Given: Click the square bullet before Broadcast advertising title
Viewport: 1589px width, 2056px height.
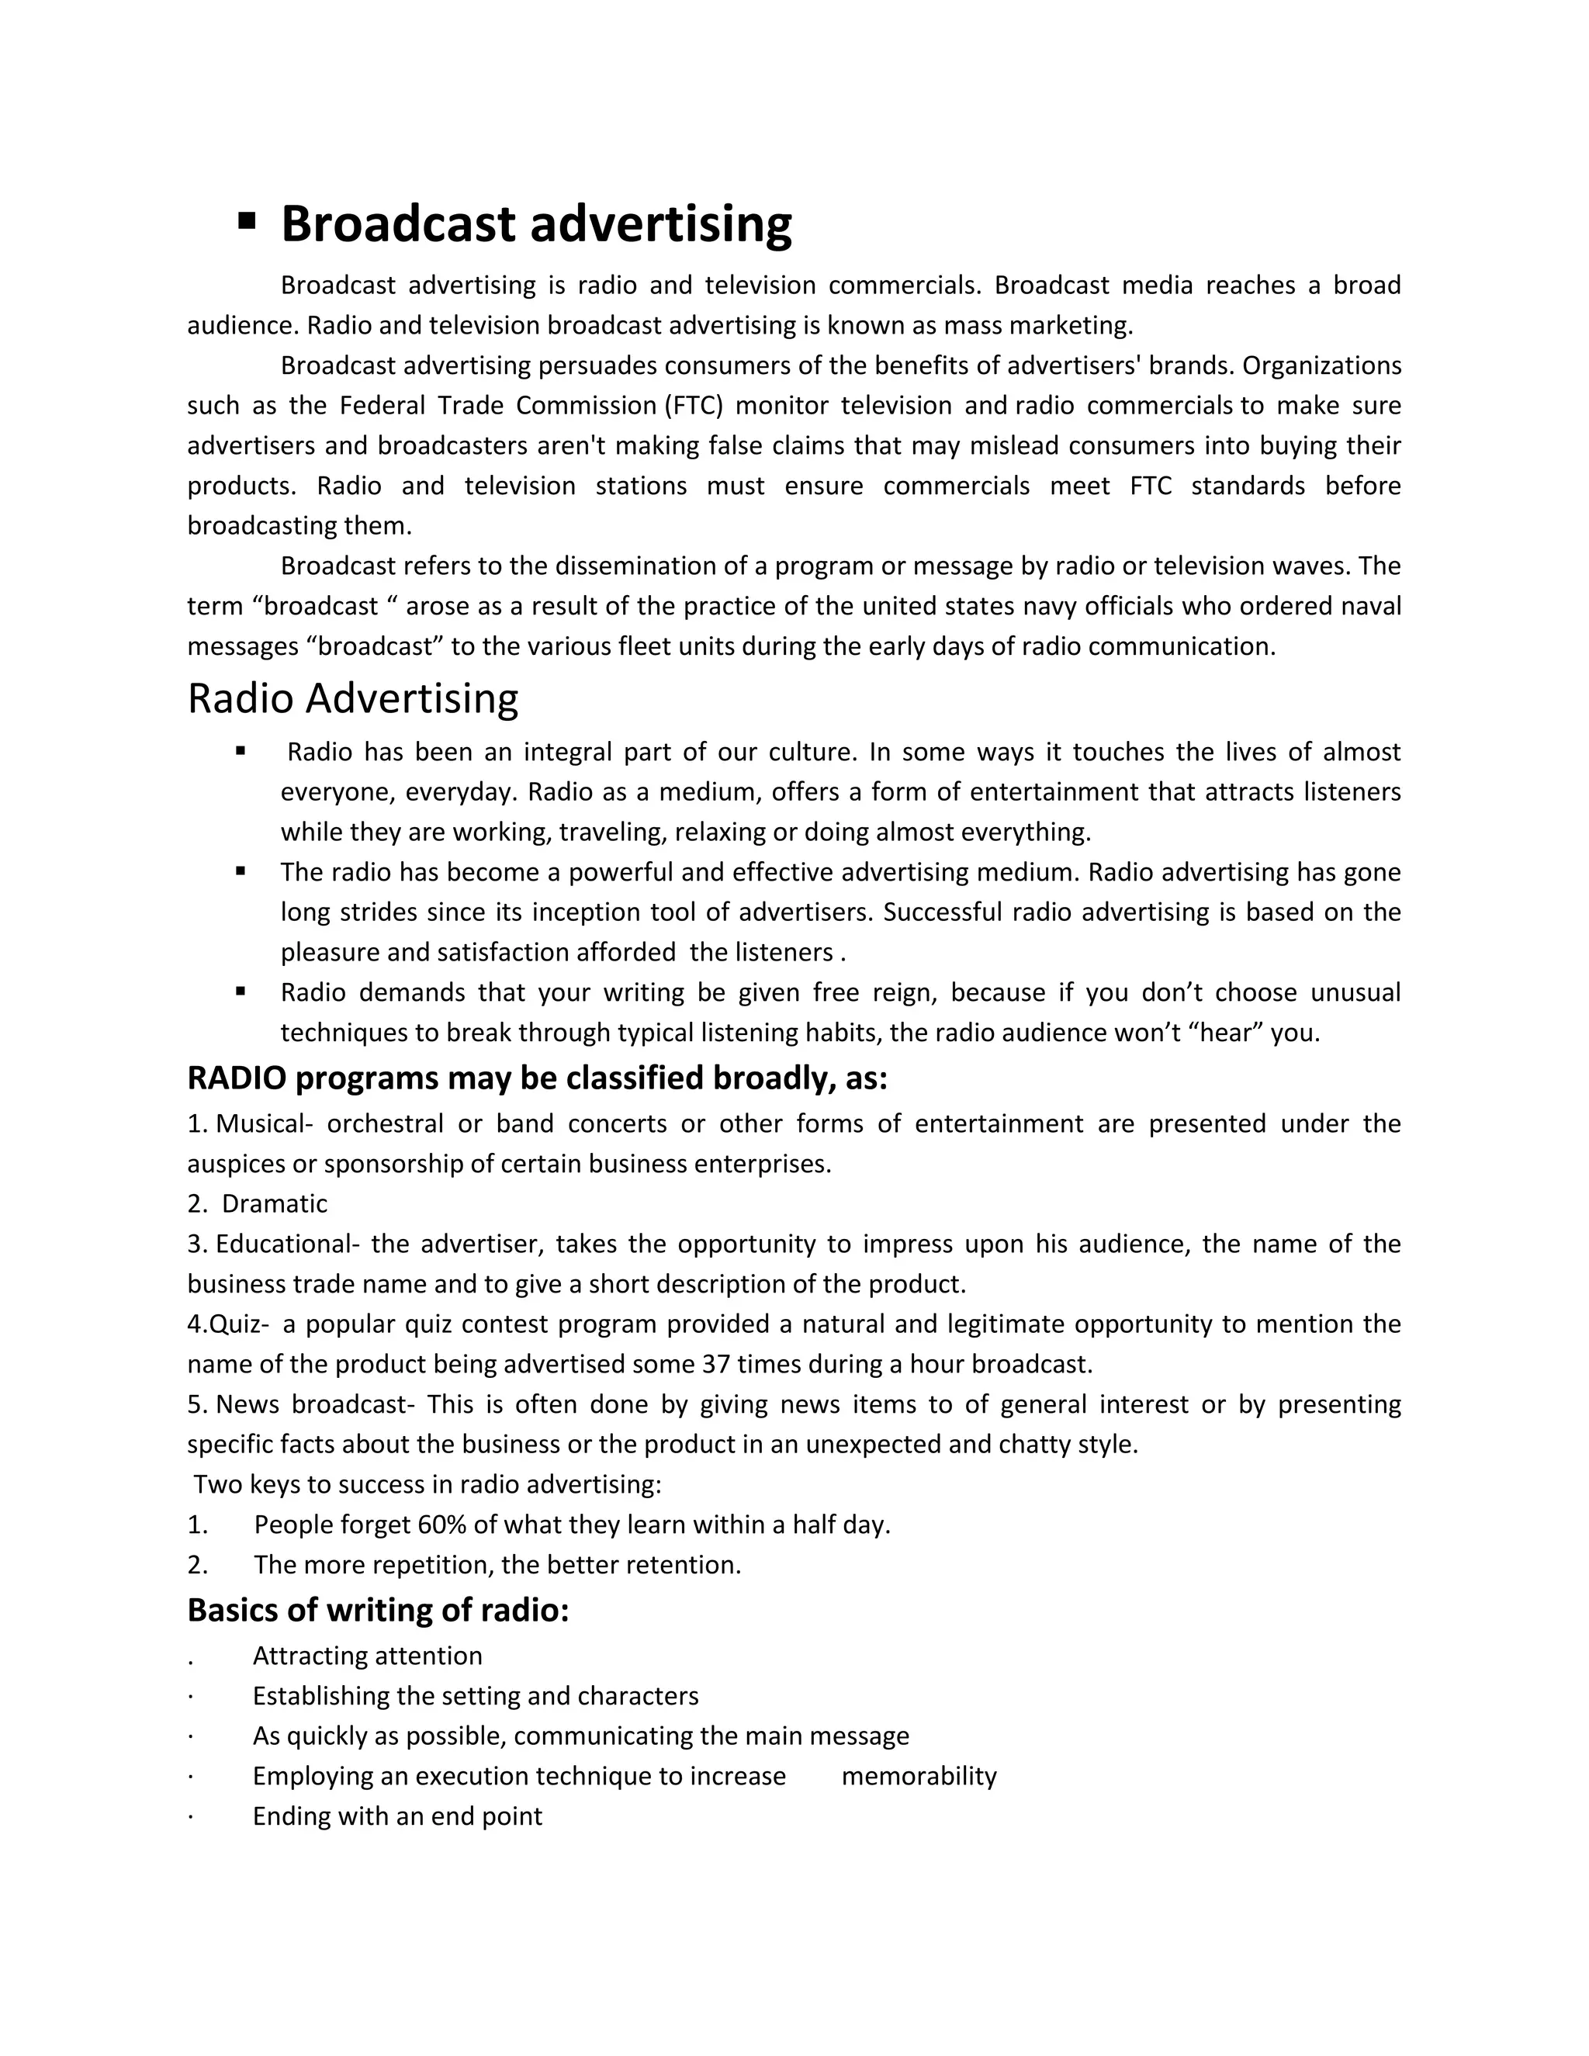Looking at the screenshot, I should (x=247, y=221).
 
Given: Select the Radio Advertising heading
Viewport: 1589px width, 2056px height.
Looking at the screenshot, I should (x=353, y=698).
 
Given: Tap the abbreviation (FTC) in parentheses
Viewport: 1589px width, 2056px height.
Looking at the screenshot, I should (x=693, y=406).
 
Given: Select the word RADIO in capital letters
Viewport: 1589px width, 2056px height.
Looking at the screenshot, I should (x=237, y=1078).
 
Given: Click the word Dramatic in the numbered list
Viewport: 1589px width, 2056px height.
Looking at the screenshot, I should (x=274, y=1204).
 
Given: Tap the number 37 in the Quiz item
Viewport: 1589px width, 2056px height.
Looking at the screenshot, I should (x=716, y=1364).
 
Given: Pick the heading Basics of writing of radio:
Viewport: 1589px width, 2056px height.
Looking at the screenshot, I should (x=379, y=1611).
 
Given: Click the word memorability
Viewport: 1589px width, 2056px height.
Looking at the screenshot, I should (x=919, y=1777).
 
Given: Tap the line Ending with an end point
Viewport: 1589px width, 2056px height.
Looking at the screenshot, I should (x=397, y=1816).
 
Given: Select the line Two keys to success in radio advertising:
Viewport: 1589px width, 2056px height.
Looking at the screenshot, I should (x=428, y=1484).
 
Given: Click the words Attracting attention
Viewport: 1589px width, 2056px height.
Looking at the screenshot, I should (x=367, y=1656).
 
